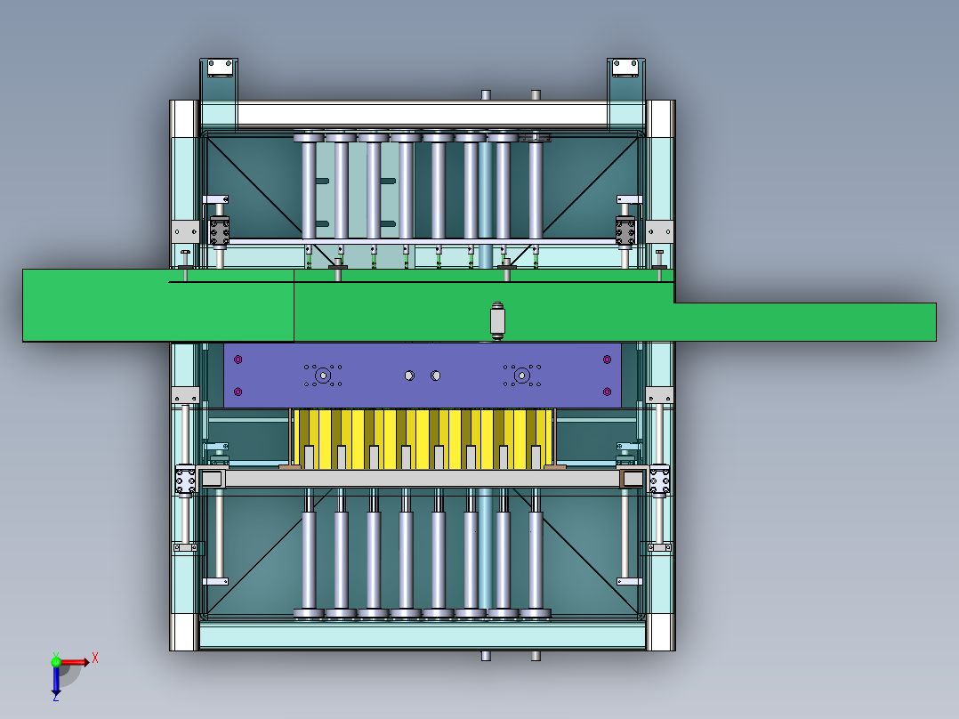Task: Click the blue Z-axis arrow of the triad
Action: point(56,681)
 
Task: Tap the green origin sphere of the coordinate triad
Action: point(56,662)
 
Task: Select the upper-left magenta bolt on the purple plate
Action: point(238,359)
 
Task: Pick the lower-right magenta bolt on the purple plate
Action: point(607,392)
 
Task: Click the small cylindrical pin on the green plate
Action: point(497,319)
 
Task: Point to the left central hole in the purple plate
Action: point(409,376)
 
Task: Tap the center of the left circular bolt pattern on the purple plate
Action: point(322,376)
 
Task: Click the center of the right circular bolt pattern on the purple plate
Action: point(521,376)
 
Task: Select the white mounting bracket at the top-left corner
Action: point(221,68)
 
